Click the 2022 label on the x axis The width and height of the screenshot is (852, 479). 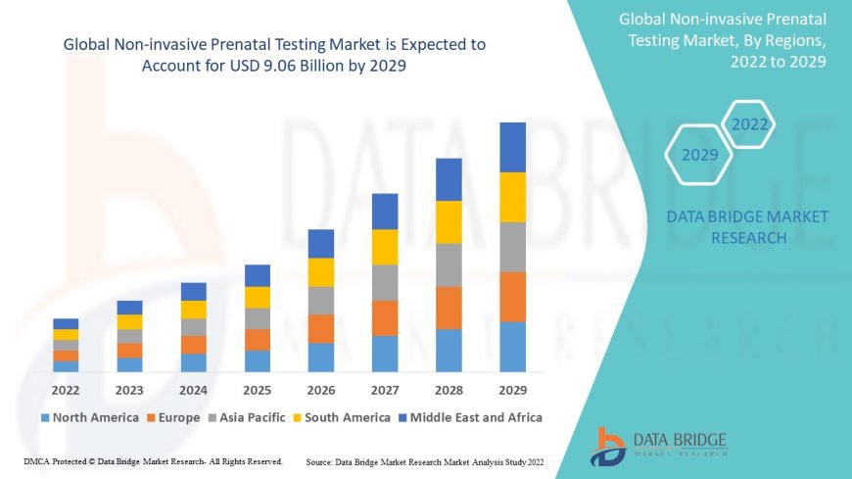(66, 389)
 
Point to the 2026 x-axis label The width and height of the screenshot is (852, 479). (320, 389)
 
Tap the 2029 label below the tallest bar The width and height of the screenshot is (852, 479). (512, 389)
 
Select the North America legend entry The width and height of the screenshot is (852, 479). (89, 417)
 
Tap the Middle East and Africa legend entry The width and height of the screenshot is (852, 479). (471, 417)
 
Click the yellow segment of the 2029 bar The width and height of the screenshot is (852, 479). (512, 197)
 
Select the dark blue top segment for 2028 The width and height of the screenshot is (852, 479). (449, 179)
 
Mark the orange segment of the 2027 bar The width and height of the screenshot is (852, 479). (385, 317)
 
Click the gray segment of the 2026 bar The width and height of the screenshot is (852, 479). (320, 300)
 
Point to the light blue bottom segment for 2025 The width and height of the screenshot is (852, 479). (257, 360)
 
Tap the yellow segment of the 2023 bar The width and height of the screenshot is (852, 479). (129, 321)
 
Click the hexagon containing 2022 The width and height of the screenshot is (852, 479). (749, 124)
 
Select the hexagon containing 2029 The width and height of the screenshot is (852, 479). (699, 155)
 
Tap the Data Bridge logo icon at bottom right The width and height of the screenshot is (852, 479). (608, 446)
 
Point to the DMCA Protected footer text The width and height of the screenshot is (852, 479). (153, 460)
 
